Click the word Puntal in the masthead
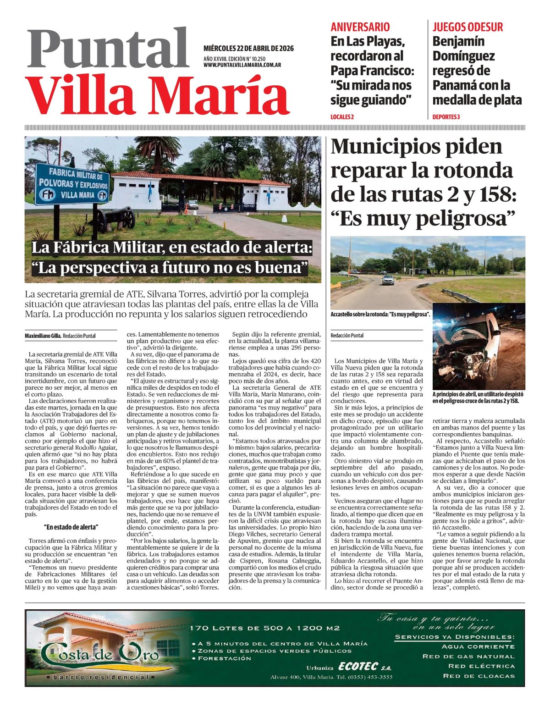(x=108, y=49)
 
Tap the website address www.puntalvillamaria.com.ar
(x=242, y=65)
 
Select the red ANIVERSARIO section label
(x=360, y=27)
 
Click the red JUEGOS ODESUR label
(x=467, y=27)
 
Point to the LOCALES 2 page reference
(x=342, y=117)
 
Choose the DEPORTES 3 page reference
(x=446, y=117)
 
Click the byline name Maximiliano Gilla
(x=43, y=336)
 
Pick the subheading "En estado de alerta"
(x=71, y=527)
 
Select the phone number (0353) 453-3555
(x=370, y=677)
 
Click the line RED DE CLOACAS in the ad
(x=478, y=676)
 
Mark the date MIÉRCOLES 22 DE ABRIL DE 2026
(x=248, y=49)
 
